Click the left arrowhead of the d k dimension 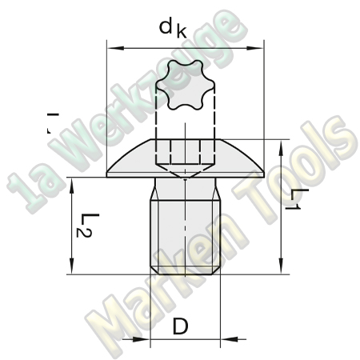point(111,48)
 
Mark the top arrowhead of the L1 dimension point(282,143)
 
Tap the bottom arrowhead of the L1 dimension point(282,270)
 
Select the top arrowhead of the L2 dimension point(73,182)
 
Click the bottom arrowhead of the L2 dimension point(73,270)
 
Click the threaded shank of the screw point(185,236)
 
